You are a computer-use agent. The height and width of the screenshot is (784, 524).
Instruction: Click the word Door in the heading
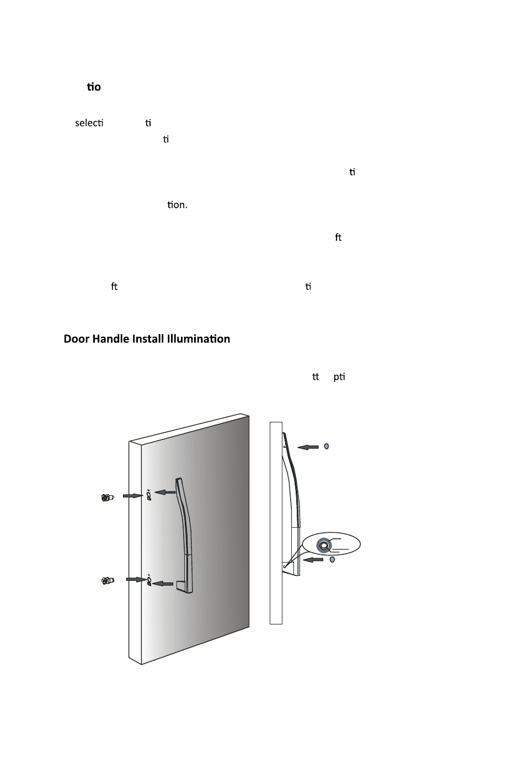76,339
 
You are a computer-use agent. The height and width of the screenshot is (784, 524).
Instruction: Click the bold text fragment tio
94,87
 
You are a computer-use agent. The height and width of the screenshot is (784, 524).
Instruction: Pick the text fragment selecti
89,123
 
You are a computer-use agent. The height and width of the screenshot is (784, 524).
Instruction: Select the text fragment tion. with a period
177,205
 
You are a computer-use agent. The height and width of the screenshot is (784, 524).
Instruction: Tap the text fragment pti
339,377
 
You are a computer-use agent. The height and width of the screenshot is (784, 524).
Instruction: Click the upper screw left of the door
108,497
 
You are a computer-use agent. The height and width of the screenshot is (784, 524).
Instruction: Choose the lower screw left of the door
108,581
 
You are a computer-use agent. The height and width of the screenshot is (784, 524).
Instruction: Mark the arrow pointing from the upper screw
133,496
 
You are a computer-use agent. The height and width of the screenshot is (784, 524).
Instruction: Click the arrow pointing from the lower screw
136,579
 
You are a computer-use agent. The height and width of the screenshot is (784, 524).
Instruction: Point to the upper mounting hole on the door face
149,495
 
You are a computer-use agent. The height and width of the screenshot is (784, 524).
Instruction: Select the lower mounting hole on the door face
149,580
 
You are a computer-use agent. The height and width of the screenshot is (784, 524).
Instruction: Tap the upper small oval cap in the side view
327,446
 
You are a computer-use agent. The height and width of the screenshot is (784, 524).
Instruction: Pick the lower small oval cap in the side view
332,559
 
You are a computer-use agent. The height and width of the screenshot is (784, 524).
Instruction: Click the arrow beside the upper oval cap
308,447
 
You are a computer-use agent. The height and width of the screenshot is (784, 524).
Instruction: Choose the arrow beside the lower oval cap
313,560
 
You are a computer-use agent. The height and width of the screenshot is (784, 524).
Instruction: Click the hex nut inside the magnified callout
324,545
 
